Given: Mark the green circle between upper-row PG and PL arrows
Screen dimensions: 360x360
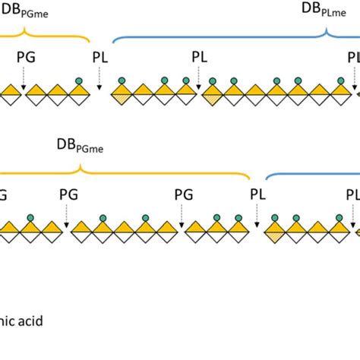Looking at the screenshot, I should point(78,81).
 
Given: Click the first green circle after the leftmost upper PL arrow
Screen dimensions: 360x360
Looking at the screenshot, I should point(121,81).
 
